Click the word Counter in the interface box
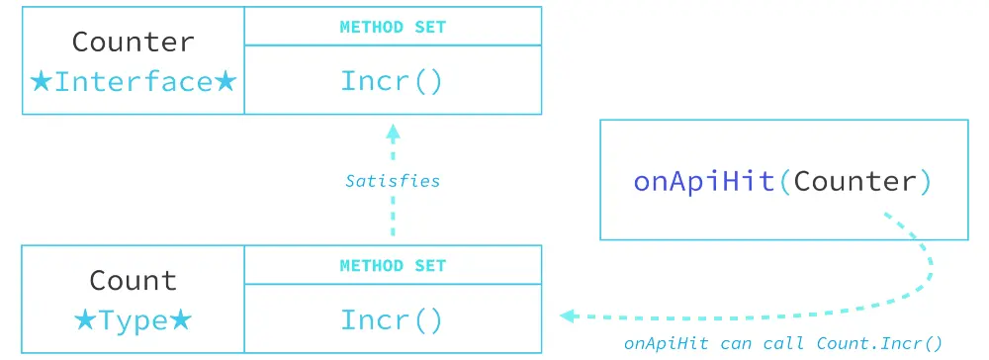coord(134,43)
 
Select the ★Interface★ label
coord(134,81)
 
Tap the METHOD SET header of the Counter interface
coord(393,27)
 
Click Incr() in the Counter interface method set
coord(393,80)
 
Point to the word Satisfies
coord(393,181)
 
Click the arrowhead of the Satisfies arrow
coord(393,131)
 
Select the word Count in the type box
coord(134,280)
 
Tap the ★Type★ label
coord(134,319)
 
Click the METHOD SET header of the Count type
coord(393,265)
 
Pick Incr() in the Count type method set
coord(393,319)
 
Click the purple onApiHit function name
coord(703,181)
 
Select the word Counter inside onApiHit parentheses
coord(855,181)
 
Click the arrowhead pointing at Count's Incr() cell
coord(568,316)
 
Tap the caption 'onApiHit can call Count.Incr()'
coord(783,344)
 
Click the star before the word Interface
coord(42,81)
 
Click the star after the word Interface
coord(226,81)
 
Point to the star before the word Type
coord(86,319)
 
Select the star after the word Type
coord(180,319)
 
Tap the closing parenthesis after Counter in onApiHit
coord(926,181)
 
